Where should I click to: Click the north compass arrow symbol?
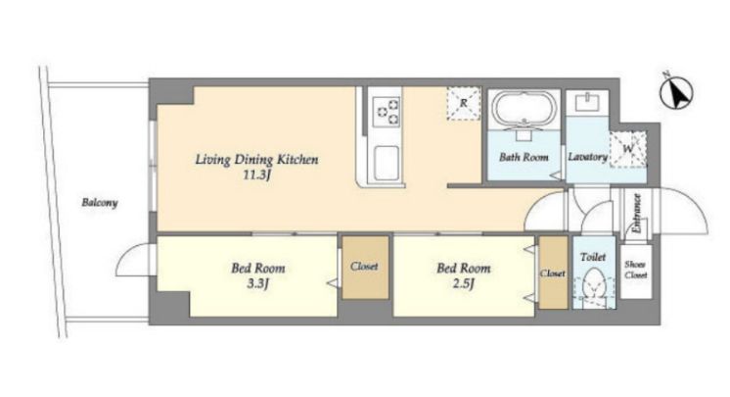(676, 91)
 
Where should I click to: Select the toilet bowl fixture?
(593, 284)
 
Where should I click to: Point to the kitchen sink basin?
(386, 163)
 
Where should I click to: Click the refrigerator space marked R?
(463, 104)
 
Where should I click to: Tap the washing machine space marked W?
(628, 149)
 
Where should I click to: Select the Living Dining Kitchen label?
(256, 160)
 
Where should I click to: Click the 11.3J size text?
(256, 175)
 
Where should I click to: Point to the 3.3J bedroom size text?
(257, 283)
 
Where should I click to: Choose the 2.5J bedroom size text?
(463, 283)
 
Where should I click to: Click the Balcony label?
(100, 203)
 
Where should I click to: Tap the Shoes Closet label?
(635, 270)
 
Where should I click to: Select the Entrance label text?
(636, 213)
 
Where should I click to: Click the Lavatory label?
(587, 157)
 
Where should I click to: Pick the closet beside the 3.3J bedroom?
(365, 268)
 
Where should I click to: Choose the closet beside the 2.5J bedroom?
(553, 273)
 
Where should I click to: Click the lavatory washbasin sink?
(587, 102)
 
